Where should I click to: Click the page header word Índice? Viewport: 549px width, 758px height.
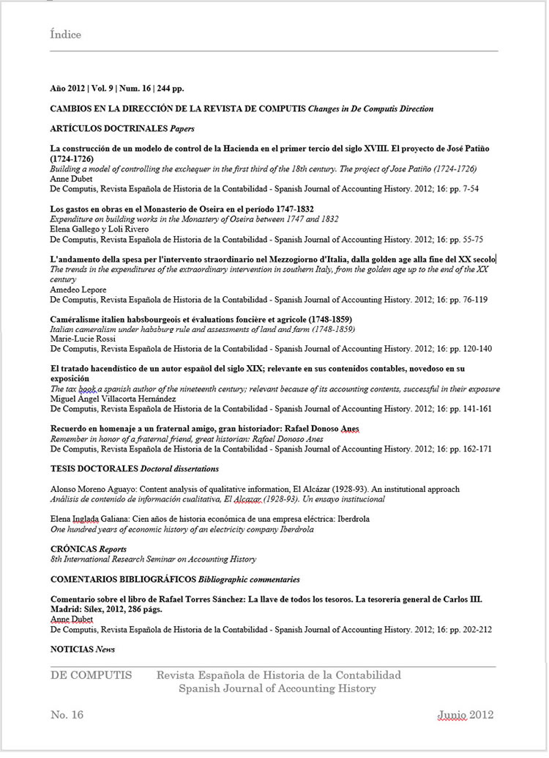click(65, 34)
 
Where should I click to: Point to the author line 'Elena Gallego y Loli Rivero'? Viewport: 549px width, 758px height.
click(99, 229)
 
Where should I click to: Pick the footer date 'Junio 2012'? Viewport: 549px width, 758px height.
click(466, 715)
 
